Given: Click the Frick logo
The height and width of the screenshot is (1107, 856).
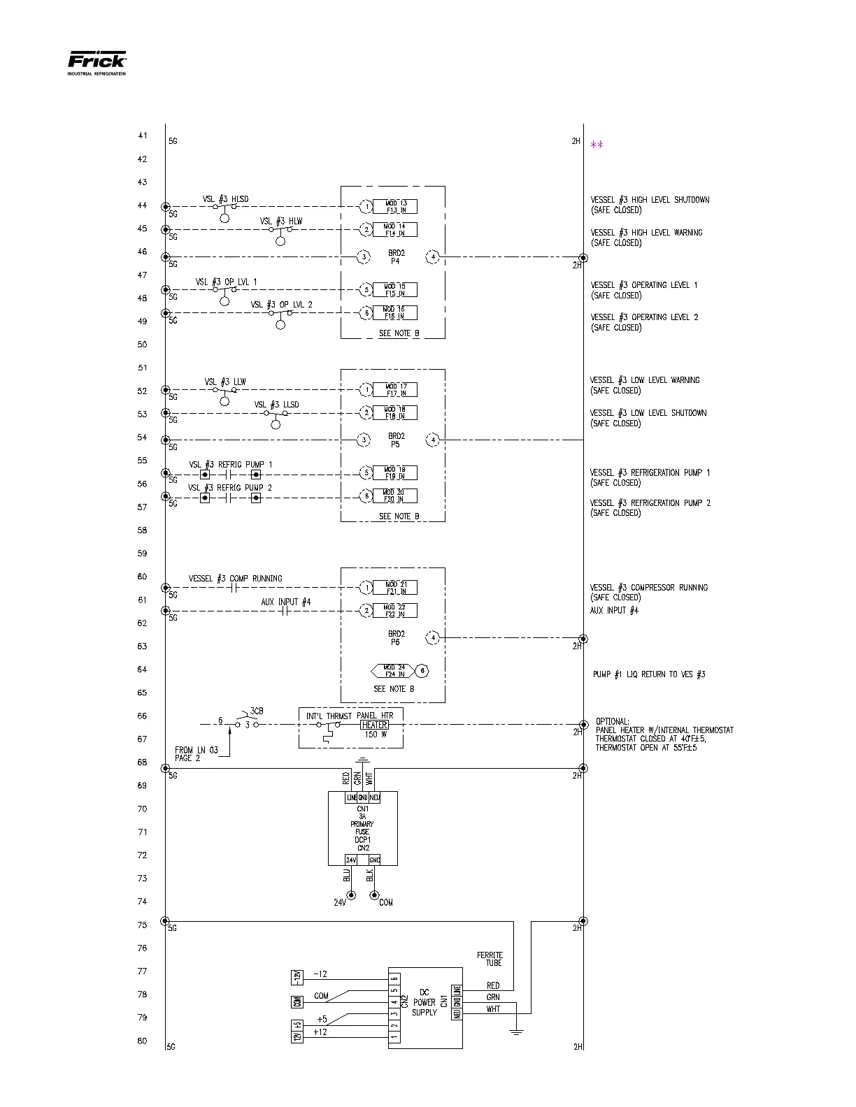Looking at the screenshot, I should (x=97, y=61).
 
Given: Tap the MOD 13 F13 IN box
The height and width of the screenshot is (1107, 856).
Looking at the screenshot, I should (x=395, y=207).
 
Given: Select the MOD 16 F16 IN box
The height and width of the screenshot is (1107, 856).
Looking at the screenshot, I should (x=395, y=312).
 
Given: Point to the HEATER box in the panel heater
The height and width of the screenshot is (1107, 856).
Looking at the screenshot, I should (x=375, y=725).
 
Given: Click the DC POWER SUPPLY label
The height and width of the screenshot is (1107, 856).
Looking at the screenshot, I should (x=425, y=1002).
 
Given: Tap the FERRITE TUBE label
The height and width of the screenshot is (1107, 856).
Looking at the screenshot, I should (x=490, y=959).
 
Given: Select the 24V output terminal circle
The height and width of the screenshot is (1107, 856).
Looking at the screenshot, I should (x=351, y=895).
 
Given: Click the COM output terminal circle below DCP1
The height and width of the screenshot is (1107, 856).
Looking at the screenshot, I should (x=374, y=895).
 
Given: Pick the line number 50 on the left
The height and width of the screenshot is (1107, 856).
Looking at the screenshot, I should (x=142, y=345).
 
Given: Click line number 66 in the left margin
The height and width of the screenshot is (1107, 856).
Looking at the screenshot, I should (x=142, y=716).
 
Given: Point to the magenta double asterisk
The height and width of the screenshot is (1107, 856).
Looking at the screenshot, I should (x=597, y=145).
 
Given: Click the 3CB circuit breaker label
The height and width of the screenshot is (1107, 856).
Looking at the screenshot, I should (x=257, y=711).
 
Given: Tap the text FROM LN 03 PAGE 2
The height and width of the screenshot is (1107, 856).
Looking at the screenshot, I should (x=197, y=754).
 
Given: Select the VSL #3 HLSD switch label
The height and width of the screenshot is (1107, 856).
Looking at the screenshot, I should (x=225, y=199).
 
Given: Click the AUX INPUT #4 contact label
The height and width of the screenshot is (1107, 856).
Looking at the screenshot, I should (x=285, y=602).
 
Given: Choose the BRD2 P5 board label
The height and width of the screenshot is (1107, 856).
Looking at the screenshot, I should (x=396, y=440).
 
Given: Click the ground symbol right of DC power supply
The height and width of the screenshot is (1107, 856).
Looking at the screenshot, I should (x=516, y=1032).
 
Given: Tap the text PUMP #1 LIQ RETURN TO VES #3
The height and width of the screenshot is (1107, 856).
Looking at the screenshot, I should (x=649, y=674).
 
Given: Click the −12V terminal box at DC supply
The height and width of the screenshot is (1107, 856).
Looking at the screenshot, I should (x=297, y=977).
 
